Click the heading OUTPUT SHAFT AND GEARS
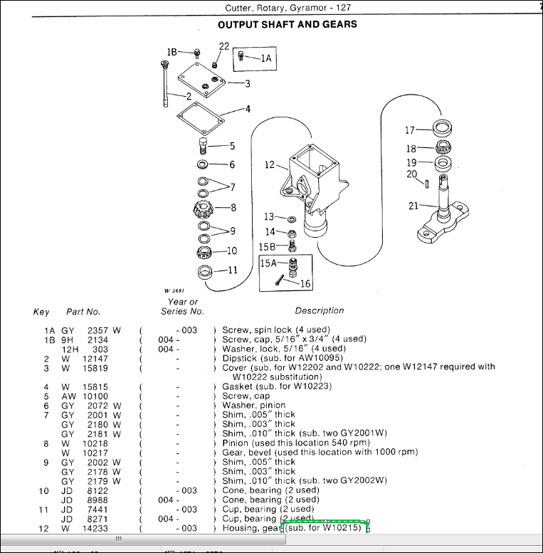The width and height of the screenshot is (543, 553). point(287,24)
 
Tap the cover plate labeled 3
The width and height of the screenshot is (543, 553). point(201,80)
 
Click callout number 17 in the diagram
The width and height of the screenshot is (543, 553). point(410,130)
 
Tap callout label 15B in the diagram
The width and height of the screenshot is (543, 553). point(266,246)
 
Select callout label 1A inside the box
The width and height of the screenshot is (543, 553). point(266,58)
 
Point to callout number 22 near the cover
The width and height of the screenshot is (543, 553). point(223,46)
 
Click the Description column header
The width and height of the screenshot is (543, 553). point(320,310)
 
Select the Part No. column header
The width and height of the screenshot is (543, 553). point(83,311)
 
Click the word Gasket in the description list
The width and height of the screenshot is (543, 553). point(238,386)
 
